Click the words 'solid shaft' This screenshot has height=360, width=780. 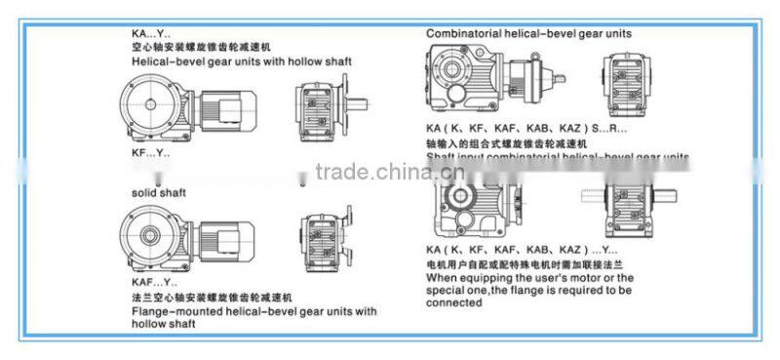pos(158,193)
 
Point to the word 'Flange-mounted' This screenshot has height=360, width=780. pos(171,311)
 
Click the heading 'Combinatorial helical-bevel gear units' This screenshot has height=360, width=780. pos(528,33)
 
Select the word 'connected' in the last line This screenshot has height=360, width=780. pos(453,302)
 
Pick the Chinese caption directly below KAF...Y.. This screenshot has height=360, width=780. pos(212,296)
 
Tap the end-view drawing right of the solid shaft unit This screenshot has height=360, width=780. pos(319,237)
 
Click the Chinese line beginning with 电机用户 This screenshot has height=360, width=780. pos(523,265)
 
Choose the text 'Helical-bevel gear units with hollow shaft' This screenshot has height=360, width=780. pos(241,60)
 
